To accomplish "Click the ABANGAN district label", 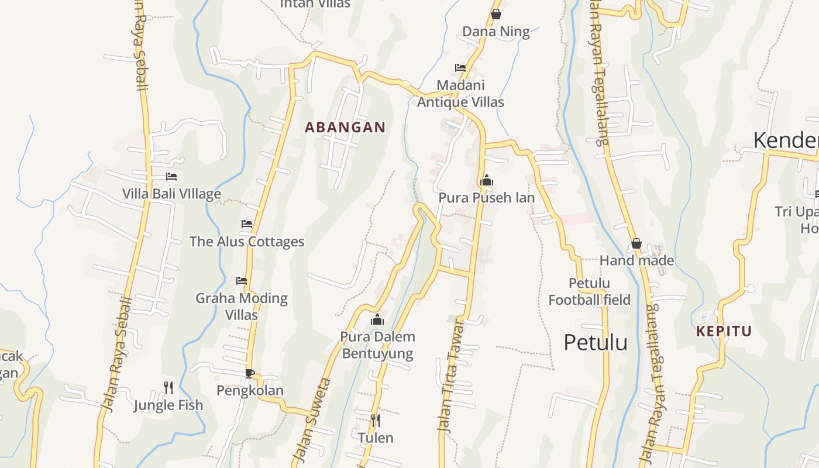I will [345, 127].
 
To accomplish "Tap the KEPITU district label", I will [724, 331].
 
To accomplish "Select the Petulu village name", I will [596, 342].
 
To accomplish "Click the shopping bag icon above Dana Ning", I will [496, 14].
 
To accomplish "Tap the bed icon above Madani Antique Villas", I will [460, 68].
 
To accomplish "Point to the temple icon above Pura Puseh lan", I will [486, 181].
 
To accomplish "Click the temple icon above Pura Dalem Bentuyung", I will [377, 319].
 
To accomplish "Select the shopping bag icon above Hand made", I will [636, 243].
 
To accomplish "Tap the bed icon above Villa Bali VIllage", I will [171, 176].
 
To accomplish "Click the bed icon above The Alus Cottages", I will [247, 224].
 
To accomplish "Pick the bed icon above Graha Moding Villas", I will [242, 281].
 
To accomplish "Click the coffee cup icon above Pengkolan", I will [250, 373].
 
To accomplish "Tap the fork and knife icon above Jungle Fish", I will [168, 387].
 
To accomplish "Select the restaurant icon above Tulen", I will [376, 420].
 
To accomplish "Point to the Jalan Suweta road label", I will [312, 420].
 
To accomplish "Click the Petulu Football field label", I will [589, 291].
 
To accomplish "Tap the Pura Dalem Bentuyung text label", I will [378, 345].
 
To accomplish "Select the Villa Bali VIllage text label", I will [171, 194].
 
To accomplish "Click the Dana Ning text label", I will [496, 32].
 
